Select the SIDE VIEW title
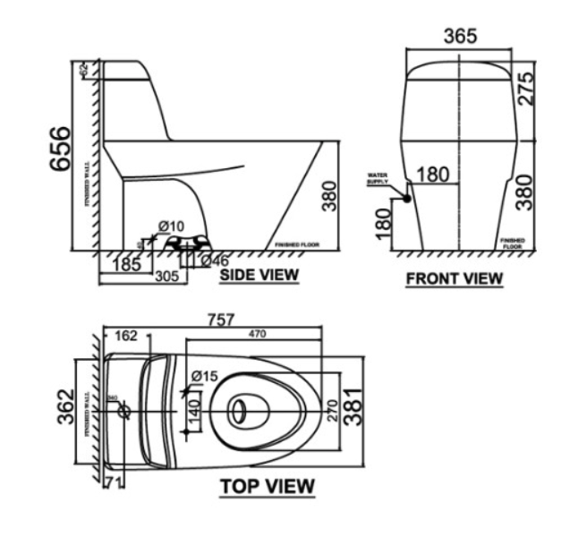pos(259,276)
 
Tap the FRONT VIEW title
pos(455,278)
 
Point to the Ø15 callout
pos(205,377)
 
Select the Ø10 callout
pos(171,226)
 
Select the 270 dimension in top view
pos(332,411)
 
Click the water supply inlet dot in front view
pos(405,200)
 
